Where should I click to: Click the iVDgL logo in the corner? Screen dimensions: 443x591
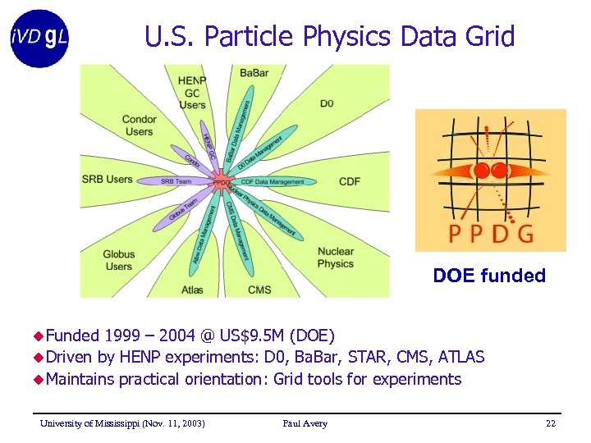click(x=39, y=38)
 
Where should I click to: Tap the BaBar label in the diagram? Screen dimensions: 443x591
click(x=254, y=74)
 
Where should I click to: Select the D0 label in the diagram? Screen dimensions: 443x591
click(x=327, y=103)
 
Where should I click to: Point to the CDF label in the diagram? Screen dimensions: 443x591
click(x=350, y=181)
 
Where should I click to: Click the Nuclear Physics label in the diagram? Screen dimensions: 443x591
click(x=335, y=258)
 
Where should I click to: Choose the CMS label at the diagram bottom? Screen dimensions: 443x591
click(x=259, y=290)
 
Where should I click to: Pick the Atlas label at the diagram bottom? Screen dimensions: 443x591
click(x=192, y=290)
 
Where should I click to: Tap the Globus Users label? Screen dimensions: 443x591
click(x=119, y=260)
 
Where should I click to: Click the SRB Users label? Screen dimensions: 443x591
click(x=107, y=179)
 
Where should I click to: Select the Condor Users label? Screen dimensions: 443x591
click(x=139, y=126)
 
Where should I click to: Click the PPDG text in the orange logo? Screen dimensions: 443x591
click(x=491, y=234)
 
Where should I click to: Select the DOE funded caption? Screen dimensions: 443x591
click(x=489, y=276)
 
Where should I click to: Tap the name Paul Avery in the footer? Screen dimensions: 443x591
click(x=305, y=423)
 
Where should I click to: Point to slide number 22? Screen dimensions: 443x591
click(x=550, y=423)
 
